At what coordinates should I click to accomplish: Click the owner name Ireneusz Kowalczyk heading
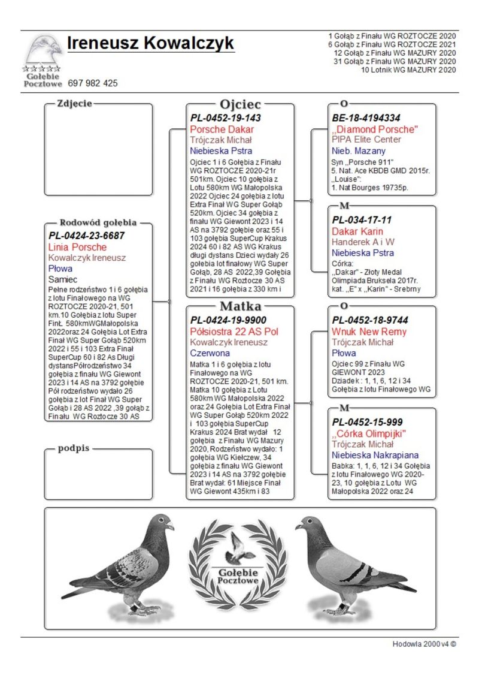point(150,44)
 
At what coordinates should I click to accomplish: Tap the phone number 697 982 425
point(93,83)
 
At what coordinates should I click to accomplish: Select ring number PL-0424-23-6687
point(87,236)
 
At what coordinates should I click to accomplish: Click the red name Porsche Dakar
point(222,129)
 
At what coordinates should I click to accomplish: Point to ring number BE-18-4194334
point(366,118)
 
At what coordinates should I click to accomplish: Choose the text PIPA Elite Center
point(366,140)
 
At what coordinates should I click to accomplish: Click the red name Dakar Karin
point(357,231)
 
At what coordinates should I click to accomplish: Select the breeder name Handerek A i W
point(363,242)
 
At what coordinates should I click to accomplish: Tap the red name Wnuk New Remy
point(369,332)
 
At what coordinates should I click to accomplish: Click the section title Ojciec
point(240,104)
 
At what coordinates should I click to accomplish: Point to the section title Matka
point(240,306)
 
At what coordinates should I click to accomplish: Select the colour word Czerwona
point(210,354)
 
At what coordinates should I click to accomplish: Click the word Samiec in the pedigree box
point(63,279)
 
